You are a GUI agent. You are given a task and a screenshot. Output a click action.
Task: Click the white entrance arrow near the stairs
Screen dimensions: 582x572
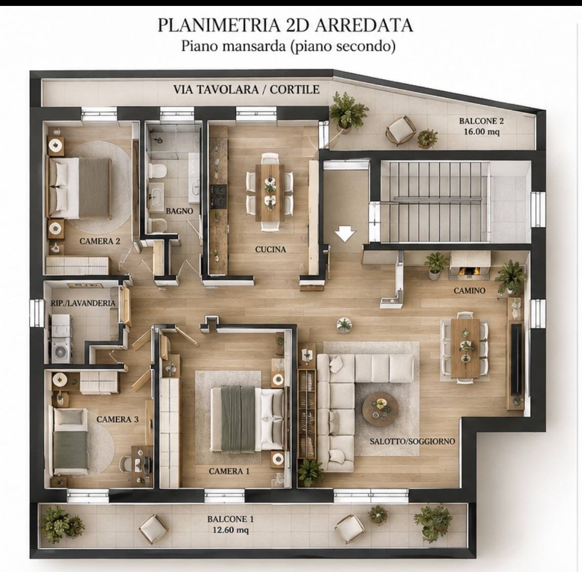click(345, 234)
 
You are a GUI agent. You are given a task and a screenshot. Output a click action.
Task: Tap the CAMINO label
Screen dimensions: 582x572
click(469, 291)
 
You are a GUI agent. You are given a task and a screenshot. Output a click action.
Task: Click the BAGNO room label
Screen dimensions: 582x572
click(179, 211)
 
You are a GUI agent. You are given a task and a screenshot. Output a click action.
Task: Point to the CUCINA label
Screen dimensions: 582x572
click(270, 249)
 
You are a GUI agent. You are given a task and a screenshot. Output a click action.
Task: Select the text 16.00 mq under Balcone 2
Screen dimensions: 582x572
click(481, 131)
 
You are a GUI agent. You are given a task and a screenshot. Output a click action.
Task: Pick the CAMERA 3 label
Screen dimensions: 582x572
click(117, 419)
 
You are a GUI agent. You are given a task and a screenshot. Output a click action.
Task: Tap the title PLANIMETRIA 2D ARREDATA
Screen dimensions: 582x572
click(285, 25)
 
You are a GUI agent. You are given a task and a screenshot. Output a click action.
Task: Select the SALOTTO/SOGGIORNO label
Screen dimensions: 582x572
click(412, 441)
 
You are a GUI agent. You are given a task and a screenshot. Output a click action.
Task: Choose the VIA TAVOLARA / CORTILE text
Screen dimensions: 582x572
click(246, 89)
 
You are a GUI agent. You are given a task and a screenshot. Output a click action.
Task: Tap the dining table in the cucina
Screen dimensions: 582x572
click(270, 192)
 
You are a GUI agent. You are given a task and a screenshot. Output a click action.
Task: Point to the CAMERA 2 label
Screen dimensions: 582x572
click(100, 241)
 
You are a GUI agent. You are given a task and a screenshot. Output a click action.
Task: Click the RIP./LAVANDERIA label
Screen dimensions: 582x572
click(83, 303)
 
